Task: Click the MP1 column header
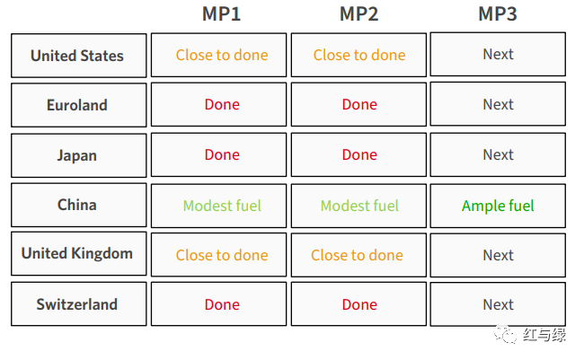click(221, 14)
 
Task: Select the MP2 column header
click(359, 14)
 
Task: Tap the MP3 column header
click(498, 14)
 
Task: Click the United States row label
click(78, 56)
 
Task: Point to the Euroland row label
click(78, 105)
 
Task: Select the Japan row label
click(78, 155)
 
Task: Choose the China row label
click(78, 205)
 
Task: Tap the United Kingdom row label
click(78, 253)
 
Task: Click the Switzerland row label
click(78, 303)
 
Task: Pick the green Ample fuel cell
click(498, 206)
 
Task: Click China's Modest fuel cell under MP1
click(218, 206)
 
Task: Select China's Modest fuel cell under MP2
click(358, 206)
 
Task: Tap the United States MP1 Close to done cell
click(218, 55)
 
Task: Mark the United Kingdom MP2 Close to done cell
click(358, 255)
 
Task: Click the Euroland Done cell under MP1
click(218, 104)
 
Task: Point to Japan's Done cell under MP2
click(358, 154)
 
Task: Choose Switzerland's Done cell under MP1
click(218, 303)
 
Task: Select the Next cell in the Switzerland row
click(498, 304)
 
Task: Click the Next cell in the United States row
click(498, 54)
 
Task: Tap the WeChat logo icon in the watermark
click(506, 334)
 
